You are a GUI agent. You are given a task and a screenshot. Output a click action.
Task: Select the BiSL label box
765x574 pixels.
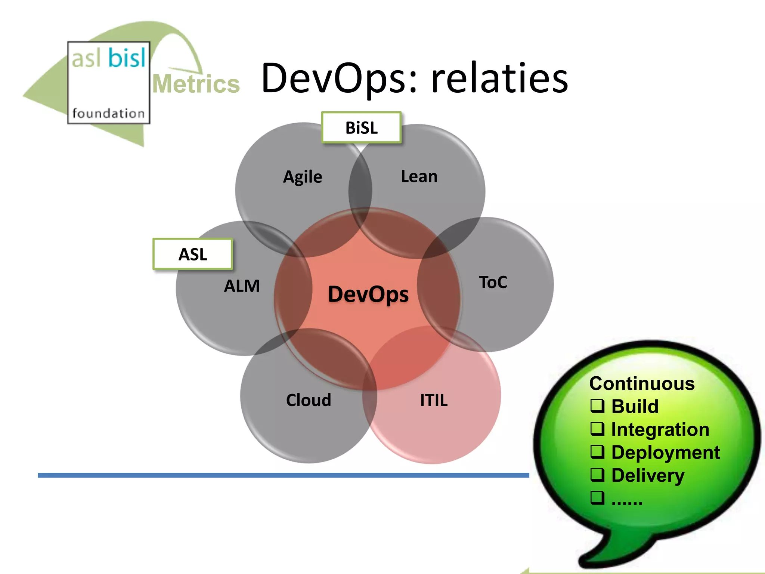(361, 128)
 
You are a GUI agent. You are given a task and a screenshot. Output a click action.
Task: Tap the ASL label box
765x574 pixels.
(193, 254)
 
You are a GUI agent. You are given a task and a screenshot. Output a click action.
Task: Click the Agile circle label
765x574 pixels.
(303, 177)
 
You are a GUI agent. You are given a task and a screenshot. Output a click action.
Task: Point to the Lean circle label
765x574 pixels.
(419, 176)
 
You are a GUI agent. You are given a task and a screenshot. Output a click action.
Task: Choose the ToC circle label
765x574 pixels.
(493, 282)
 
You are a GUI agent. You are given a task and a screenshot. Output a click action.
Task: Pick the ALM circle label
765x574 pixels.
(242, 286)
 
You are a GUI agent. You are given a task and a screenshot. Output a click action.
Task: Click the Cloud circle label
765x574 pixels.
(309, 400)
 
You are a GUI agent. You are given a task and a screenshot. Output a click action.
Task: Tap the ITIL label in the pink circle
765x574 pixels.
(434, 400)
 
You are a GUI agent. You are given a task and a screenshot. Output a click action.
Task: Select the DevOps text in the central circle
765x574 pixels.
(368, 294)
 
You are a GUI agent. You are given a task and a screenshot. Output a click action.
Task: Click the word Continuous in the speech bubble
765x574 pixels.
(642, 384)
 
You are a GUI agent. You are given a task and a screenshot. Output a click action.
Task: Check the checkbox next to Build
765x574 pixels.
(597, 406)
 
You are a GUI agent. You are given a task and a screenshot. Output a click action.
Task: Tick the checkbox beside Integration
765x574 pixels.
(597, 429)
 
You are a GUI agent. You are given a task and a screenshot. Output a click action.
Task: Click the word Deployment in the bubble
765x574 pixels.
(665, 453)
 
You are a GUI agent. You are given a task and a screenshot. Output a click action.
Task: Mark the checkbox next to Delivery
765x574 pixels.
(597, 475)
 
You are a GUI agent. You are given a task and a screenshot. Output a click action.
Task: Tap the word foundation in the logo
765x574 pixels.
(108, 113)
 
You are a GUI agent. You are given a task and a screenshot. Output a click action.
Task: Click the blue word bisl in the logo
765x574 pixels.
(127, 58)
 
